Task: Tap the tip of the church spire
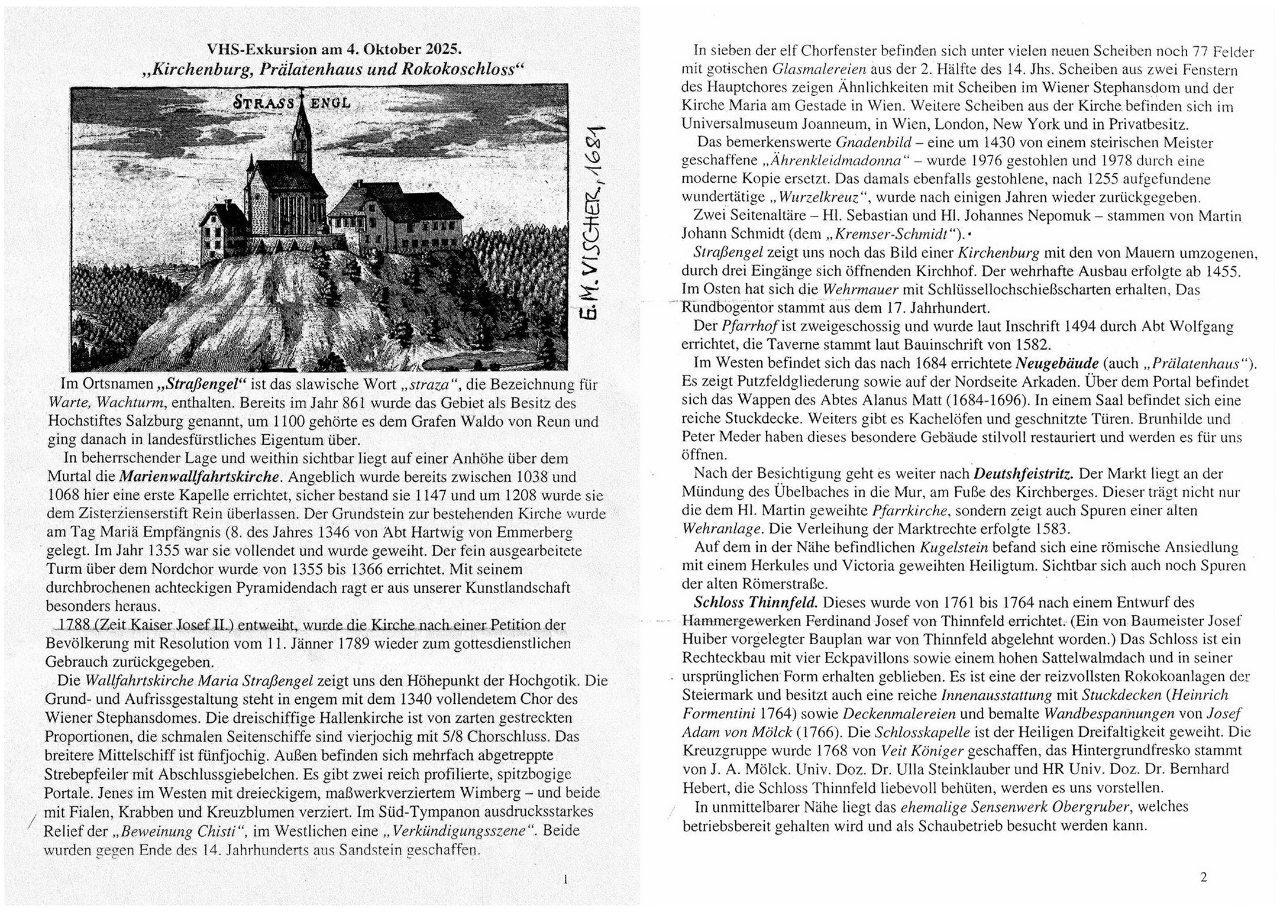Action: point(302,95)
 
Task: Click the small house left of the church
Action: point(222,228)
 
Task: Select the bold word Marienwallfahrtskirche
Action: point(199,477)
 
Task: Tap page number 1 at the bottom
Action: point(565,879)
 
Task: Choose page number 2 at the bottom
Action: point(1203,877)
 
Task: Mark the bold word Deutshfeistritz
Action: point(1023,474)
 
